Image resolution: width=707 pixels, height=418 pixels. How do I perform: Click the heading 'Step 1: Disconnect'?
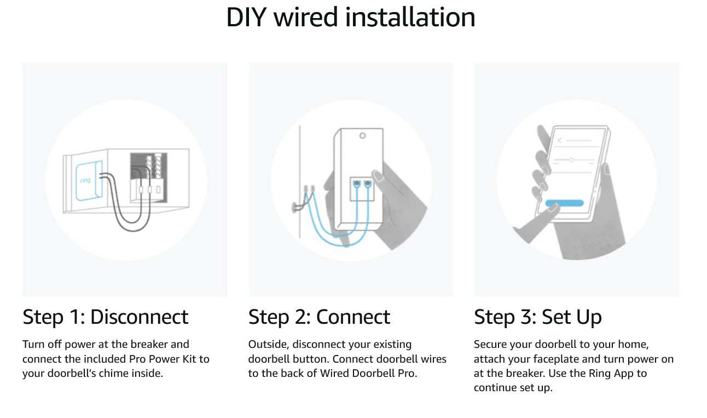pos(105,317)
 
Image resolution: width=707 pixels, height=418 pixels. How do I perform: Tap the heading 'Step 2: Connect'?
pos(319,317)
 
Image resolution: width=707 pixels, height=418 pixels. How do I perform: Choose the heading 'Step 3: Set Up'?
pos(537,317)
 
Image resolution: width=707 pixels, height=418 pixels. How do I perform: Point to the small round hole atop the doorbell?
pos(362,135)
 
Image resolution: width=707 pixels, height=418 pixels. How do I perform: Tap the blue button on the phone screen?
pos(564,203)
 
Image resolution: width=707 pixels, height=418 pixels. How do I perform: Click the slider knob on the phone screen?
pos(571,159)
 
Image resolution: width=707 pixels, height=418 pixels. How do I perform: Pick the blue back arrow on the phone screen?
pos(559,141)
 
